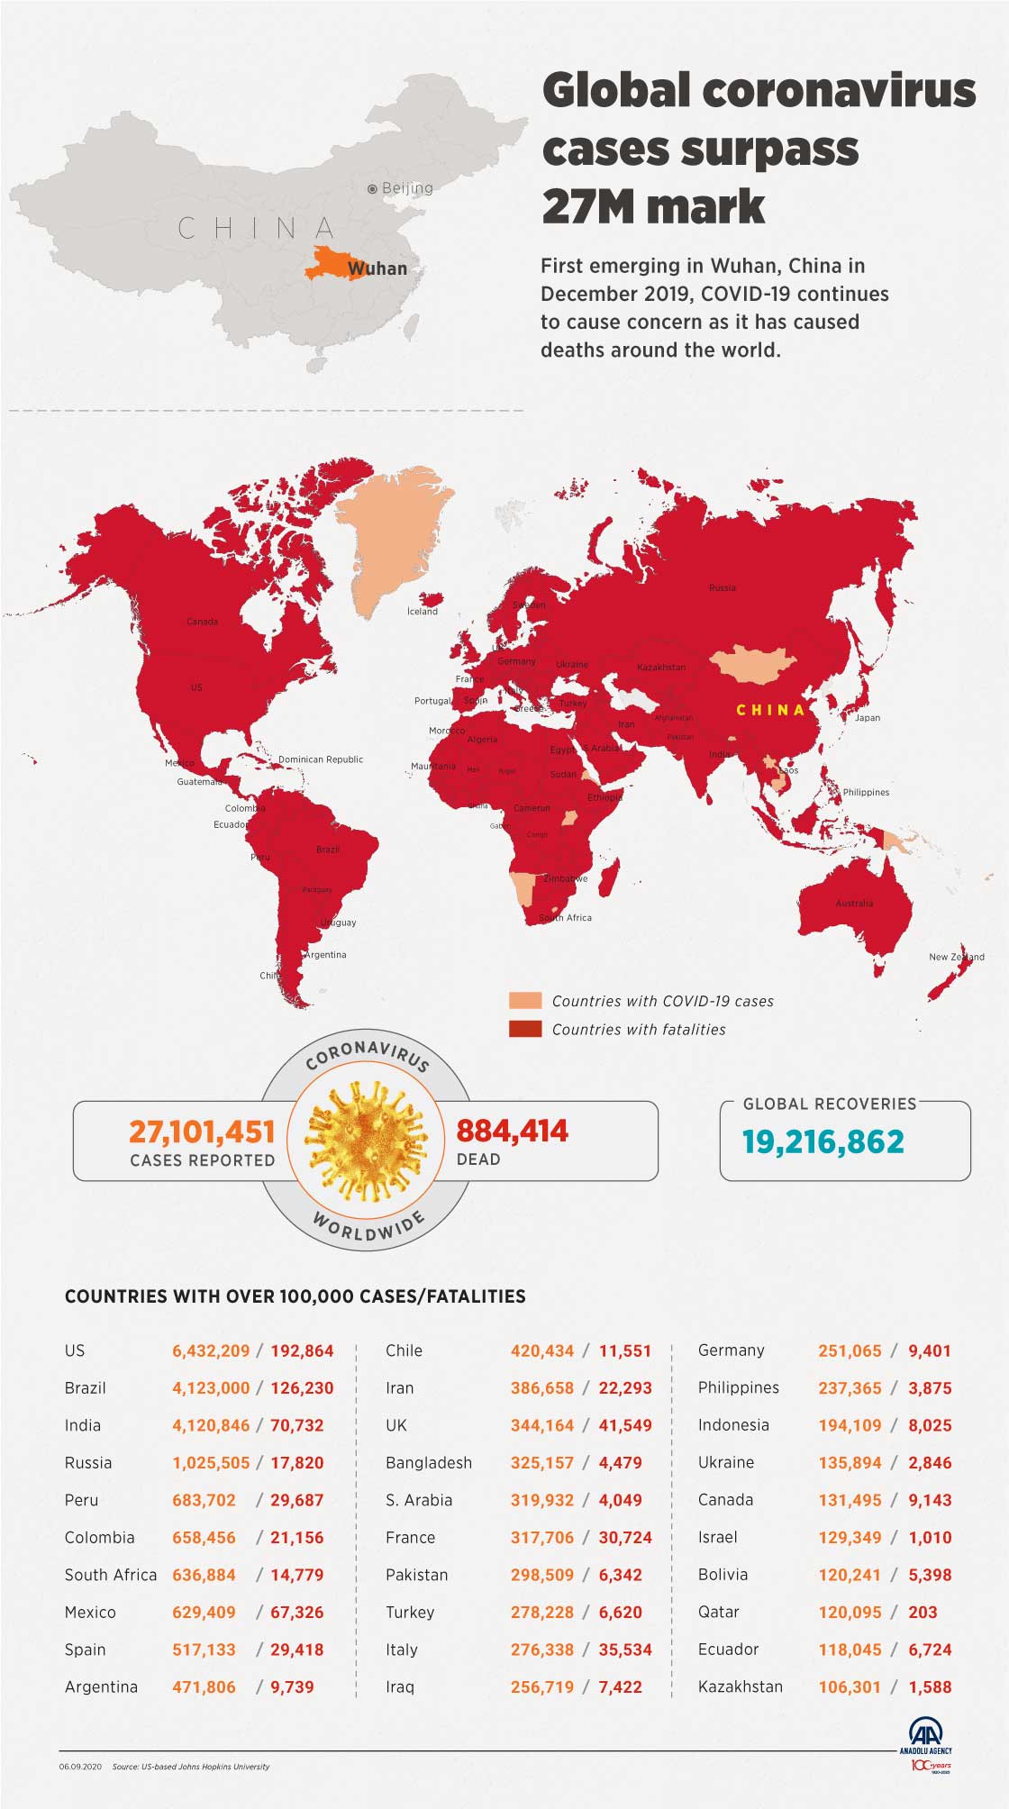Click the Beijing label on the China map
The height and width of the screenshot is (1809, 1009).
coord(406,188)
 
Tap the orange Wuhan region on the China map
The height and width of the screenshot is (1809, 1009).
coord(325,262)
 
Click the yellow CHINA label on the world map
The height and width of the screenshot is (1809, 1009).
coord(770,710)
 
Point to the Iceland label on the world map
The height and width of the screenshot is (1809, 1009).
coord(423,612)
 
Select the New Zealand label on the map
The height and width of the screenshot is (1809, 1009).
coord(956,957)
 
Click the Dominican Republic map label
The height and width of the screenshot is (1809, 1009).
coord(321,759)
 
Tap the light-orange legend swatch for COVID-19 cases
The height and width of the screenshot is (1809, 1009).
coord(525,1001)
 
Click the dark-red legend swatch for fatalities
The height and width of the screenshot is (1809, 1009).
coord(525,1029)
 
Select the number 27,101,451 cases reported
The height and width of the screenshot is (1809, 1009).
coord(202,1131)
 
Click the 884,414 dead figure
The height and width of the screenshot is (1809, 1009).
coord(512,1131)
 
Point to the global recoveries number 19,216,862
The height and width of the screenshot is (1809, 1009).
coord(823,1141)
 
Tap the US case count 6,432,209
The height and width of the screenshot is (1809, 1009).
coord(211,1350)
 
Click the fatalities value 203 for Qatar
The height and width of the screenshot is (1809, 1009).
coord(923,1613)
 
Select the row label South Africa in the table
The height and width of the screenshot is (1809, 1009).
coord(111,1575)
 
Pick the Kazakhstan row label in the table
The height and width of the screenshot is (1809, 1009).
coord(741,1686)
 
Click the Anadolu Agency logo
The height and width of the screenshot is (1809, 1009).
coord(925,1735)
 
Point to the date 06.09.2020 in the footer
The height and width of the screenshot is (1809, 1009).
coord(81,1767)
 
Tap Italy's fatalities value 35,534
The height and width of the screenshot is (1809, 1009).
coord(625,1650)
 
